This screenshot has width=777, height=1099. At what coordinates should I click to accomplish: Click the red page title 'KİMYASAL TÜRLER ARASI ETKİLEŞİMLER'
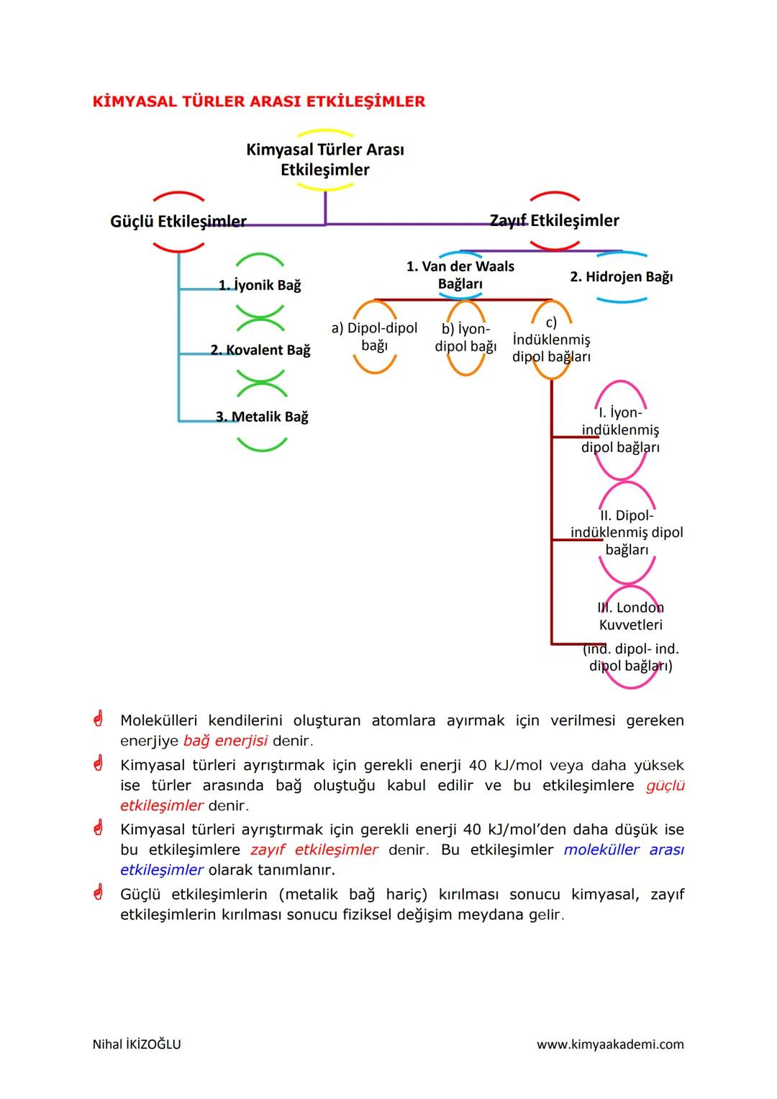point(259,101)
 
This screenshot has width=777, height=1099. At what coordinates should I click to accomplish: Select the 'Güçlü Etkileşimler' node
point(178,221)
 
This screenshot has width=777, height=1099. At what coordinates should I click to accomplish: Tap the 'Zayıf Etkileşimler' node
point(554,220)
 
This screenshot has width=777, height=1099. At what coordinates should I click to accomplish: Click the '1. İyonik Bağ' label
point(260,285)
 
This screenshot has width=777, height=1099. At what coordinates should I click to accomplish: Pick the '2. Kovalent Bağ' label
point(260,350)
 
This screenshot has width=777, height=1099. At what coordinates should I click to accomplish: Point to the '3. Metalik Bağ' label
point(262,417)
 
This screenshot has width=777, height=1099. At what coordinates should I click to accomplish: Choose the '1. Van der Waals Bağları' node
point(460,275)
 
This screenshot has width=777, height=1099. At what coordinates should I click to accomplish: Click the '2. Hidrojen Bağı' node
point(621,276)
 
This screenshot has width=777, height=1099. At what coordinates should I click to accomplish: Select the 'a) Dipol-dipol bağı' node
point(374,336)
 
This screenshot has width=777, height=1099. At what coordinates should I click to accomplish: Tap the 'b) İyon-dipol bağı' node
point(465,337)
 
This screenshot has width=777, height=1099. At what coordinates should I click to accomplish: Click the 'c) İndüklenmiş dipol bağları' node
point(551,340)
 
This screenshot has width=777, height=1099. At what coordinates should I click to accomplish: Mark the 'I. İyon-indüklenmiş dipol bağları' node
point(620,430)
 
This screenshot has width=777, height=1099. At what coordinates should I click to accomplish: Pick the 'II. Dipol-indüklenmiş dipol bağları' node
point(627,533)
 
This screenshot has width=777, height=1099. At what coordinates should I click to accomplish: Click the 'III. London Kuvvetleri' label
point(630,616)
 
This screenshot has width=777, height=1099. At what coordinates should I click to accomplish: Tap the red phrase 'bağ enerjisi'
point(224,741)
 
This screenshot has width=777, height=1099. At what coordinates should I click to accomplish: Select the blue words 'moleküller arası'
point(624,849)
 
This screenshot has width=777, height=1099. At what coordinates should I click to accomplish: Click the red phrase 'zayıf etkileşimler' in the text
point(314,849)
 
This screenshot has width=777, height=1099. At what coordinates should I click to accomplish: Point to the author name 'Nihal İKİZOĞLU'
point(137,1044)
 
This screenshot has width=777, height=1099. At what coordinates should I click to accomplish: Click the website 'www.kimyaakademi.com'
point(610,1044)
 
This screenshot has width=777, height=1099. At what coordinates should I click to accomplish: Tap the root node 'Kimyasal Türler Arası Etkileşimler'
point(325,160)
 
